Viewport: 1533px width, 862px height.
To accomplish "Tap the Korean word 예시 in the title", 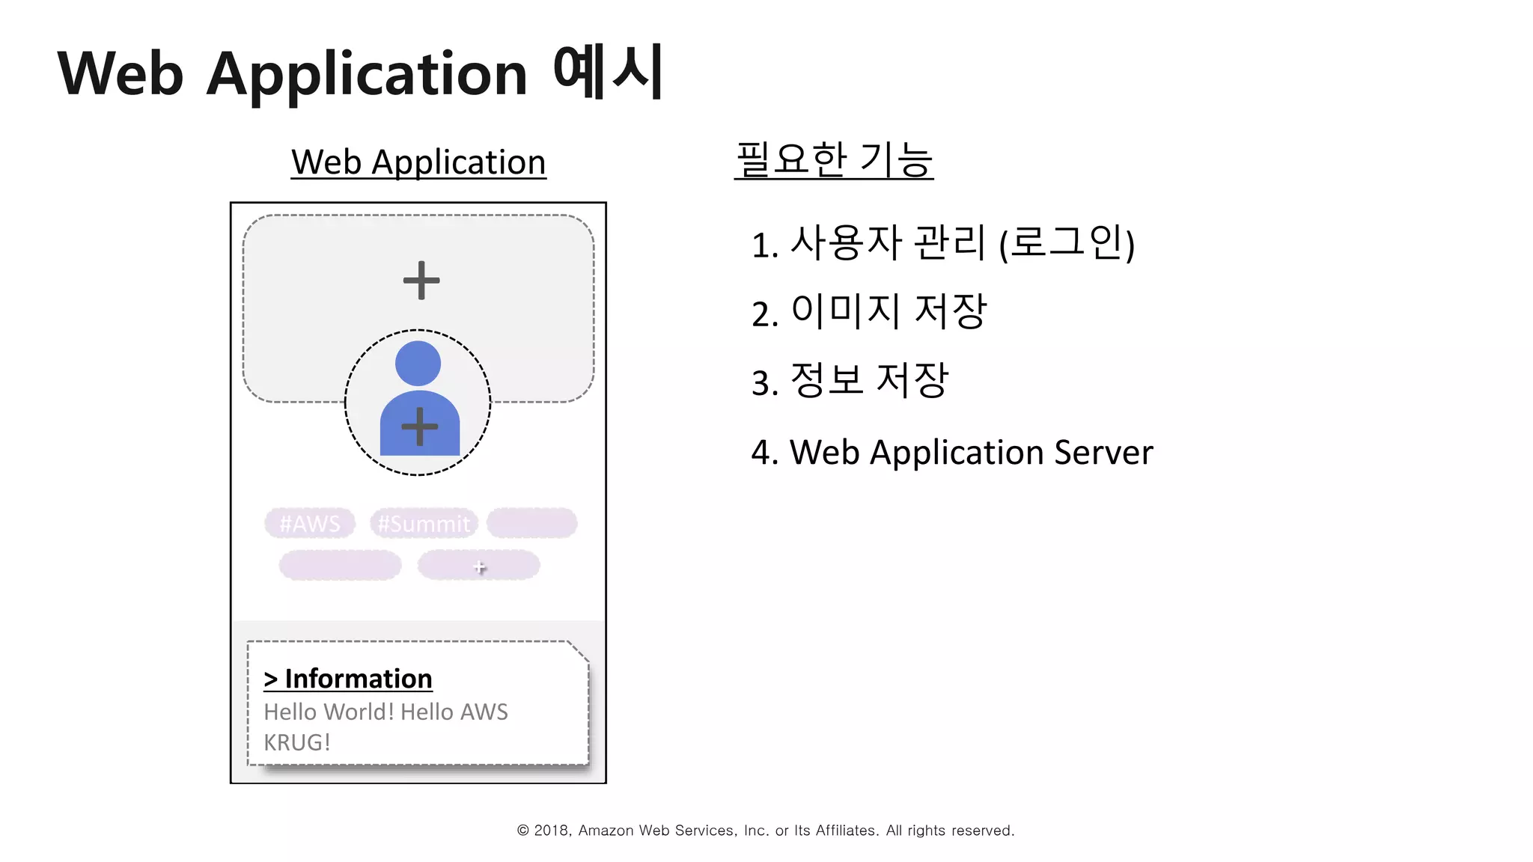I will [608, 72].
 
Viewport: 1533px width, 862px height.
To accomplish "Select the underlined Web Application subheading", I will [418, 162].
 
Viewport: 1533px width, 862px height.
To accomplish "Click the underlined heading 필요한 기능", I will [834, 159].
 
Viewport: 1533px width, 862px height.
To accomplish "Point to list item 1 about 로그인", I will [943, 243].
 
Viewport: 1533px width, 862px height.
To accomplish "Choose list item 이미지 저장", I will [869, 311].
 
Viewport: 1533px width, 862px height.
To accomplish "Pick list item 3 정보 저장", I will [850, 380].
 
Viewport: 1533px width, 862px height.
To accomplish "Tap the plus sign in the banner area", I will [421, 281].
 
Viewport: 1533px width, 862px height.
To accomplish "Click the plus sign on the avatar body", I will [420, 427].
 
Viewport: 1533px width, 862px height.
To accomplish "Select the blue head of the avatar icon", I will [418, 363].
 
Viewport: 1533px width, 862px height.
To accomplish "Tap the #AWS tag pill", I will [310, 523].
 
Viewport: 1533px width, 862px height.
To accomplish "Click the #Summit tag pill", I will [424, 523].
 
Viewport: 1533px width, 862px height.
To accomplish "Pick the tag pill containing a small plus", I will [479, 566].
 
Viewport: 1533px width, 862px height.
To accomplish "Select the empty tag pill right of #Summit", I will [531, 523].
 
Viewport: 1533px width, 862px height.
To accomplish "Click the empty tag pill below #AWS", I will [340, 566].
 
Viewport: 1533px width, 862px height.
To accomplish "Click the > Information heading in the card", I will [348, 679].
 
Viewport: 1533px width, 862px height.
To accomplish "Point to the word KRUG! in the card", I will [297, 742].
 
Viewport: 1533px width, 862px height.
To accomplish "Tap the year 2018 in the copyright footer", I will [552, 831].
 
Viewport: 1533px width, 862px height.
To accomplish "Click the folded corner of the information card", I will [579, 651].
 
